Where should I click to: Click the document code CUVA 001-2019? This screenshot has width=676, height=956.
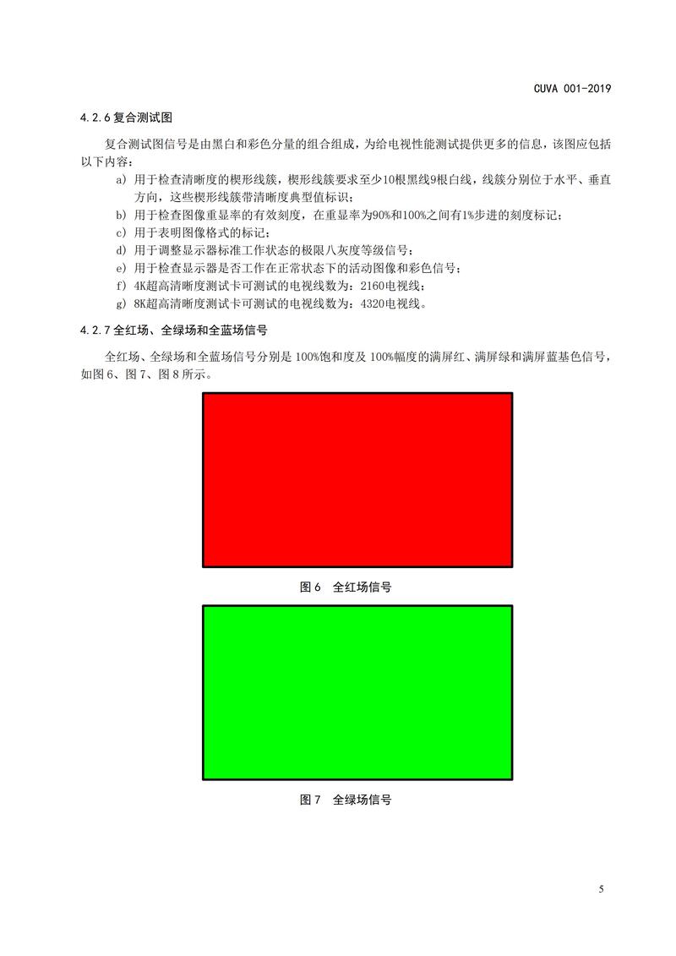point(571,88)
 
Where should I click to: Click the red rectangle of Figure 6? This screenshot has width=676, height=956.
point(357,479)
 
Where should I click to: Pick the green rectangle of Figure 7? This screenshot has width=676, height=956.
point(357,692)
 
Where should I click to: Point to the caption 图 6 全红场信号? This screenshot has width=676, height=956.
point(345,587)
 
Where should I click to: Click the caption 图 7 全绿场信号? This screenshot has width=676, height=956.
point(345,799)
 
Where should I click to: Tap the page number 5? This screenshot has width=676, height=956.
point(600,889)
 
